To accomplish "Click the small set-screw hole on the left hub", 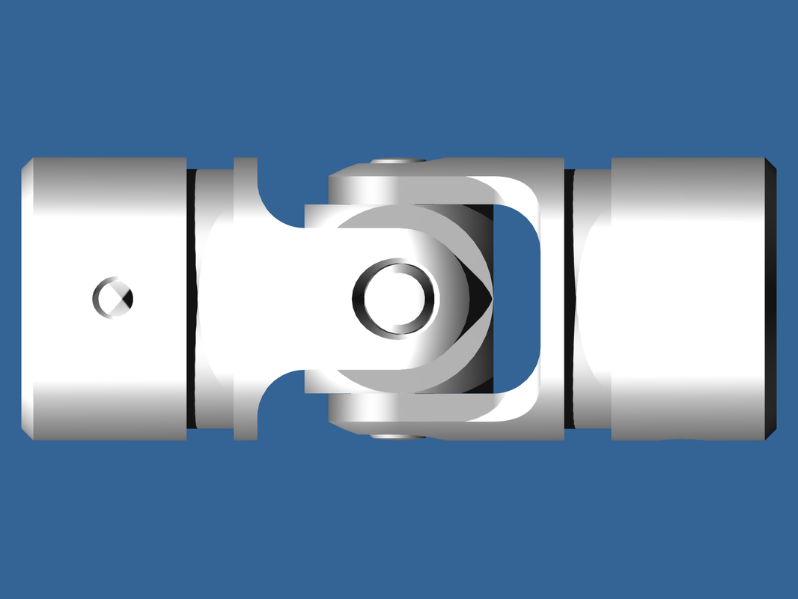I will point(113,297).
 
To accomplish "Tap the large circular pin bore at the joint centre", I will point(394,298).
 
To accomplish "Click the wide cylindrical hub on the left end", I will point(105,225).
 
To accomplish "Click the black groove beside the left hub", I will point(191,299).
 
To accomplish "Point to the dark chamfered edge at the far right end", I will point(772,299).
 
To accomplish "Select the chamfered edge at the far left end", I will point(25,299).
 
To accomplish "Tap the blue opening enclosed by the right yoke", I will point(517,299).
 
